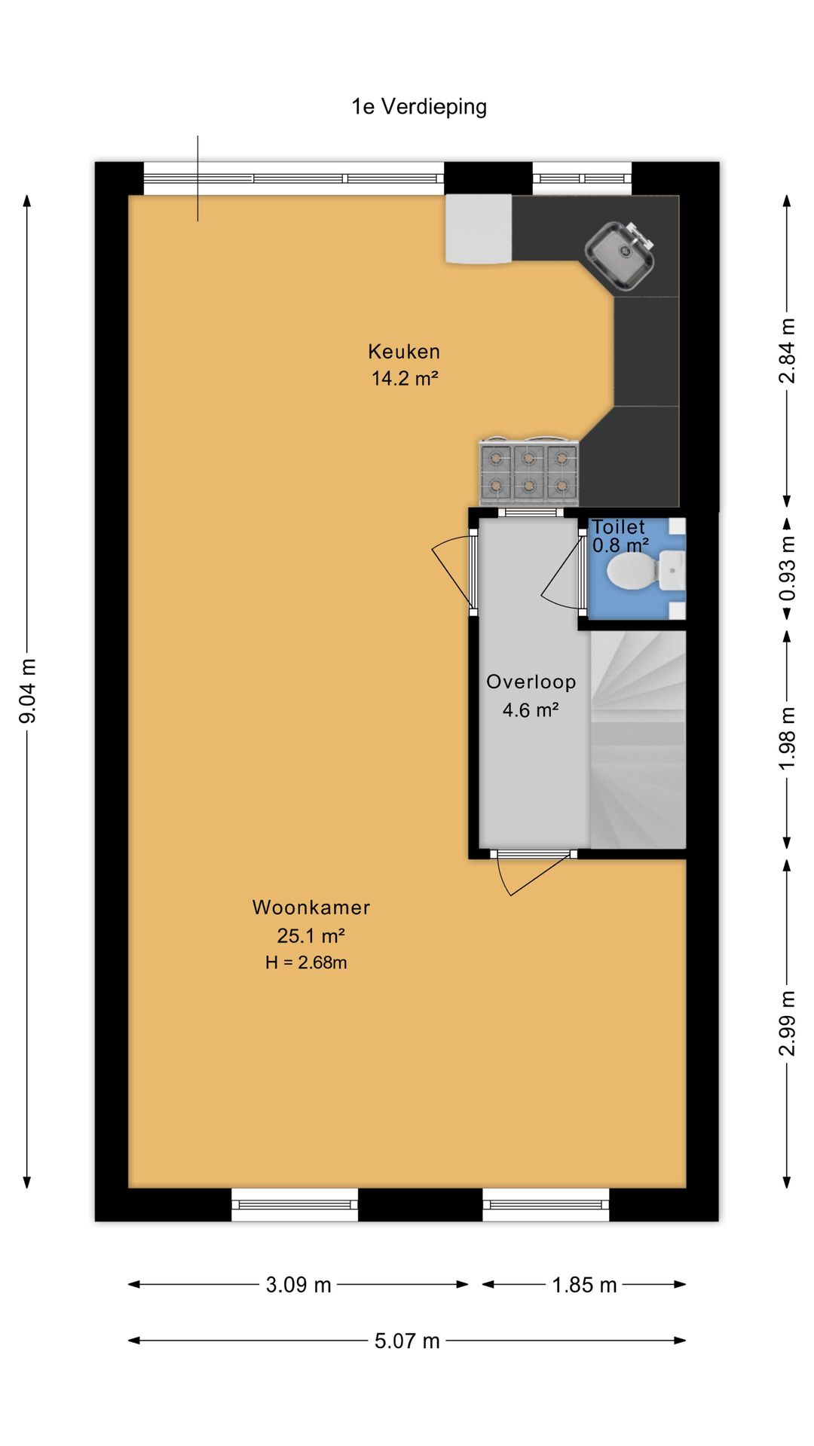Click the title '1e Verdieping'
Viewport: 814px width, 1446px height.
(x=419, y=107)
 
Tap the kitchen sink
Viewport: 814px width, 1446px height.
(x=620, y=255)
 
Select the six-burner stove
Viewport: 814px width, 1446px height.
(x=530, y=472)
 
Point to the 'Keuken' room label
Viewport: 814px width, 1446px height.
(x=404, y=352)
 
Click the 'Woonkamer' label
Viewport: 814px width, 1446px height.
(x=311, y=908)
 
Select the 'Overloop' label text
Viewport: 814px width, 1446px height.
(x=531, y=682)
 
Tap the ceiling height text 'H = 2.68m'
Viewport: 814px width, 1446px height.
(x=306, y=962)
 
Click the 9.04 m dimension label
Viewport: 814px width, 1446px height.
(x=28, y=691)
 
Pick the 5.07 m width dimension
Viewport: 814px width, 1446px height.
(x=407, y=1341)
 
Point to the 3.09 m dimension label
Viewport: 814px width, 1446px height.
(x=298, y=1285)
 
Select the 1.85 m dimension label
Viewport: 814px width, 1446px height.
(x=584, y=1285)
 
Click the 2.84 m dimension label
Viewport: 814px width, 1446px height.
(x=787, y=351)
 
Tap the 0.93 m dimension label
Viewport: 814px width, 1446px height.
(x=787, y=568)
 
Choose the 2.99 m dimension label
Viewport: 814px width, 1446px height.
(x=787, y=1023)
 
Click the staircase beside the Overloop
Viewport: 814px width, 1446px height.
(x=638, y=740)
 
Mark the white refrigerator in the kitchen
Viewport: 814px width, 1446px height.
(x=479, y=229)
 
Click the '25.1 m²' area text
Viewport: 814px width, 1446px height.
(x=311, y=936)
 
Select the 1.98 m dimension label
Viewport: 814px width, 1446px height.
(x=787, y=739)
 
